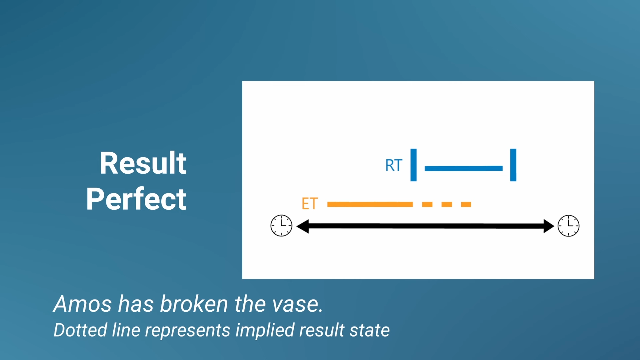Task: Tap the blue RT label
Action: click(x=394, y=165)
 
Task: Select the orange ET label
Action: click(x=310, y=204)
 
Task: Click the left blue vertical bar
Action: click(x=414, y=165)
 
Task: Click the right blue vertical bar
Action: click(x=513, y=165)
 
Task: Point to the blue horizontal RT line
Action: click(x=464, y=168)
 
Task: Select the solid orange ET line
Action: click(x=370, y=204)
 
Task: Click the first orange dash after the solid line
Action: click(x=427, y=204)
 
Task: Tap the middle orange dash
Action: click(x=447, y=204)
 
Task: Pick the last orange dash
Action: click(x=466, y=204)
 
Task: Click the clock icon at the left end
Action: click(x=281, y=226)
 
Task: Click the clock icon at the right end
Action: click(x=569, y=226)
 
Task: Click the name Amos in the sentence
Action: click(x=83, y=304)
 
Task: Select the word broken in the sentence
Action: click(x=194, y=304)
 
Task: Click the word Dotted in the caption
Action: click(x=80, y=330)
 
